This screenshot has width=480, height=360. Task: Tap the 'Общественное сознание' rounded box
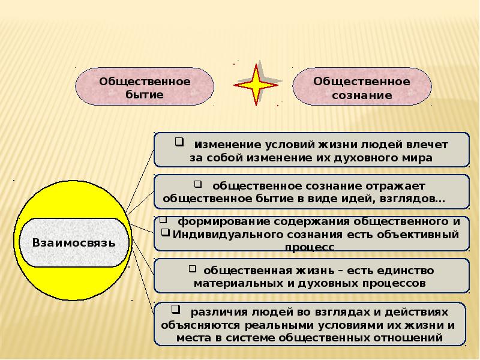362,88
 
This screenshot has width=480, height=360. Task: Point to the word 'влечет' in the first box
428,145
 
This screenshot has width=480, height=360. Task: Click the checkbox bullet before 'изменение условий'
178,142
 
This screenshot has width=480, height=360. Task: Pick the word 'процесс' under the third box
310,247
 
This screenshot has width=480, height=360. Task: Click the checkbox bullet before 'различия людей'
178,310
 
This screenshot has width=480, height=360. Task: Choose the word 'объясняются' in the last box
199,325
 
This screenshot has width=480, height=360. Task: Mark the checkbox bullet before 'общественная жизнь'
193,268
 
